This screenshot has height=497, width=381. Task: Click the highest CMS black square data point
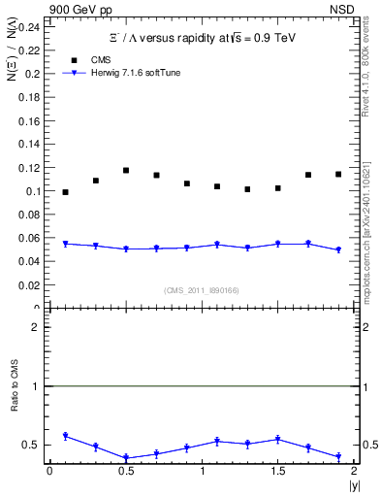tap(126, 170)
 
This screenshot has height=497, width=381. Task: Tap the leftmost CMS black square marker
tap(65, 192)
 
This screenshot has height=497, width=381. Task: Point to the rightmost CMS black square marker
tap(338, 174)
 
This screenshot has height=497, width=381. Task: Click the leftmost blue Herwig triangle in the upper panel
tap(65, 244)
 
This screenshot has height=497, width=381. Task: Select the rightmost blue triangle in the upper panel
tap(338, 250)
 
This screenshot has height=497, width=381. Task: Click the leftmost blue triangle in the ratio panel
tap(65, 437)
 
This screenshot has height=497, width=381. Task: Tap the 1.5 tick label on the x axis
tap(277, 471)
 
